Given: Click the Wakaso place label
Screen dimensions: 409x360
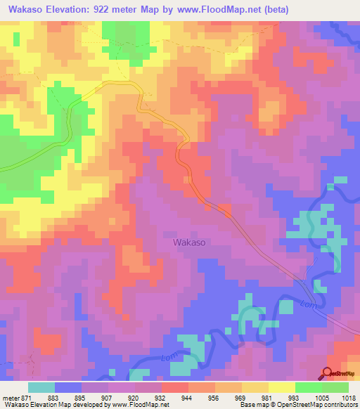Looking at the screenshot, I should coord(189,242).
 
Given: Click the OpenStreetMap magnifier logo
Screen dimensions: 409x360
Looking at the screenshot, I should coord(327,373).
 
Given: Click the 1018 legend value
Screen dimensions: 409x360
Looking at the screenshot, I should coord(340,397).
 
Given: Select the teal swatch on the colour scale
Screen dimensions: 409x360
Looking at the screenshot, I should coord(41,387).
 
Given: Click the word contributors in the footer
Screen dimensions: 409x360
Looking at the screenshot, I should coord(339,405).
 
